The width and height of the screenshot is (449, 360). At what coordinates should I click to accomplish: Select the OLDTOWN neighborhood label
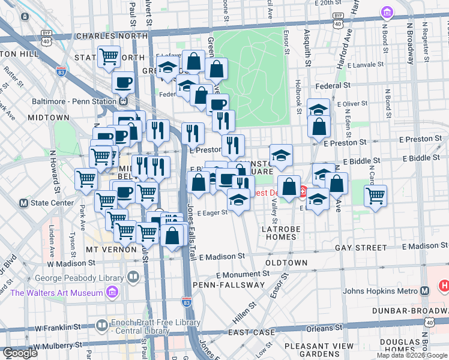tap(286, 263)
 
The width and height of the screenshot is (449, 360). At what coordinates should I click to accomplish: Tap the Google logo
tap(20, 353)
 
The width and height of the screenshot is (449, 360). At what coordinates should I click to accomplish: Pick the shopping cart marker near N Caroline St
tap(375, 196)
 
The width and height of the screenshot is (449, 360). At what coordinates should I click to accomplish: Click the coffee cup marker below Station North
tap(124, 82)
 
